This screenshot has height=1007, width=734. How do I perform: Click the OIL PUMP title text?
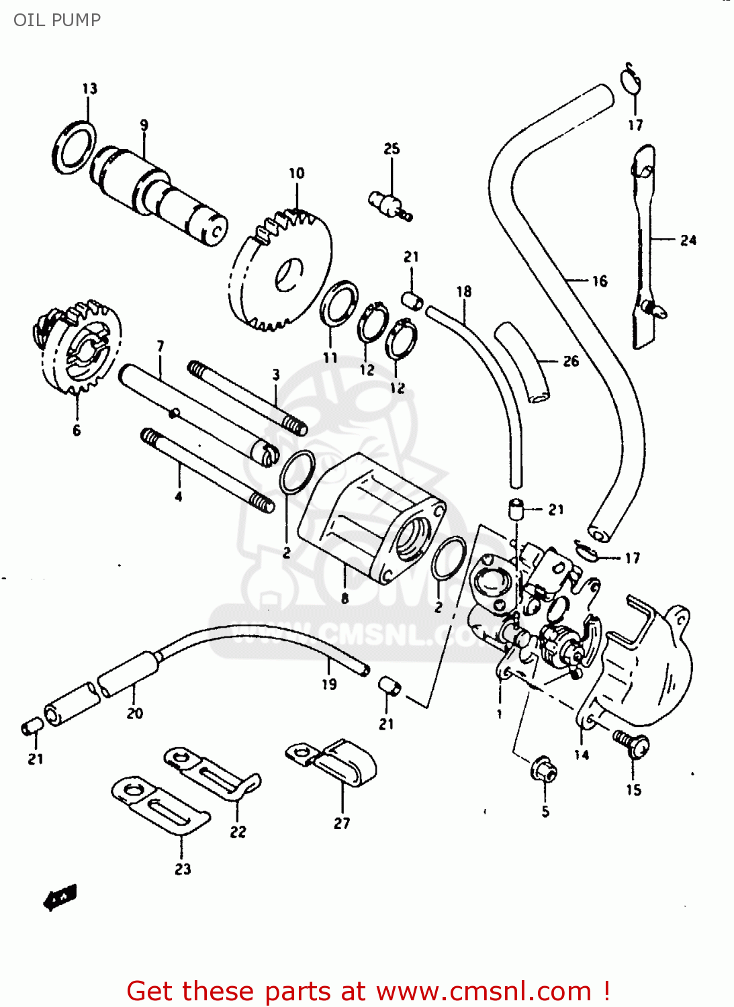point(57,20)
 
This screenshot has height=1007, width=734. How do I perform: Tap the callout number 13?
point(90,89)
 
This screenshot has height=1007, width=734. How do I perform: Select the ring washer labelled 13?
point(73,147)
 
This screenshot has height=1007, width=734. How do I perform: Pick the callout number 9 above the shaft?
point(144,125)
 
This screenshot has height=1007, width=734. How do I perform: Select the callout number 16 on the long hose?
point(600,281)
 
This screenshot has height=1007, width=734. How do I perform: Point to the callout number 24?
point(688,240)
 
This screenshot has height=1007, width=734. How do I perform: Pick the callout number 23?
point(183,869)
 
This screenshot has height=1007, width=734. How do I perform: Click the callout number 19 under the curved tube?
point(329,684)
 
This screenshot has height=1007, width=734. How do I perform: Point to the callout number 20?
point(135,714)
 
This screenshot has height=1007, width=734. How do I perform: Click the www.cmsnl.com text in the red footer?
point(484,992)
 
